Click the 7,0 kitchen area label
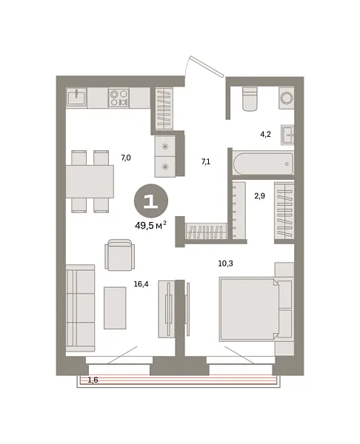(126, 158)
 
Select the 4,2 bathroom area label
(264, 135)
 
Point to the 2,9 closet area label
(260, 195)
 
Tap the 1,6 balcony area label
(93, 380)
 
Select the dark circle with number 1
(150, 201)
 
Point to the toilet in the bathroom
(250, 98)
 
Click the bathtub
(262, 162)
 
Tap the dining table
(89, 181)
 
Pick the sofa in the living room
(80, 307)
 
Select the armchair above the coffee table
(120, 254)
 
